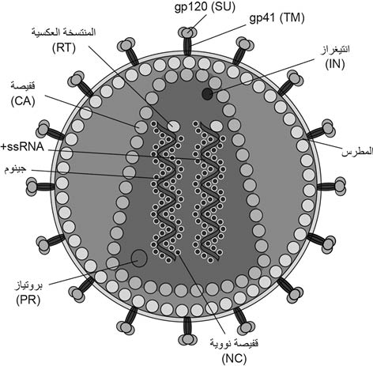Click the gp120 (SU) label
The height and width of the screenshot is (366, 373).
[205, 7]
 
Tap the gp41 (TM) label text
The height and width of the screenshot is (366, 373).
[277, 18]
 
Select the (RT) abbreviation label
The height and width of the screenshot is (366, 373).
[64, 48]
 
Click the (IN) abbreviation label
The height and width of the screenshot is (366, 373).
[335, 64]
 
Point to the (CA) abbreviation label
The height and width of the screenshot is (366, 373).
[23, 101]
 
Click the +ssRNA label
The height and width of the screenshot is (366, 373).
[22, 147]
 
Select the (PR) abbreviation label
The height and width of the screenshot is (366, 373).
[28, 300]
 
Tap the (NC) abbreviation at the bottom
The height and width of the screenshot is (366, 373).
[234, 358]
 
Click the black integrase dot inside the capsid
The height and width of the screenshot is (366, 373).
[207, 94]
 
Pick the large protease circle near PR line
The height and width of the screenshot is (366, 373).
[139, 258]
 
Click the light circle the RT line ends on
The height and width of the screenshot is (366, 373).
[174, 126]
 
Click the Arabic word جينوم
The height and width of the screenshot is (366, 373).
[16, 169]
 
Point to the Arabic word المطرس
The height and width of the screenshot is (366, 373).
[357, 152]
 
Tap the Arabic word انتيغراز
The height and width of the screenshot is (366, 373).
[335, 51]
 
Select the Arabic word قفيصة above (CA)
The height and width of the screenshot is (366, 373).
[23, 86]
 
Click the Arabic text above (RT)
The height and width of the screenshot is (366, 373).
[63, 33]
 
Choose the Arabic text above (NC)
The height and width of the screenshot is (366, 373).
[234, 344]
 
